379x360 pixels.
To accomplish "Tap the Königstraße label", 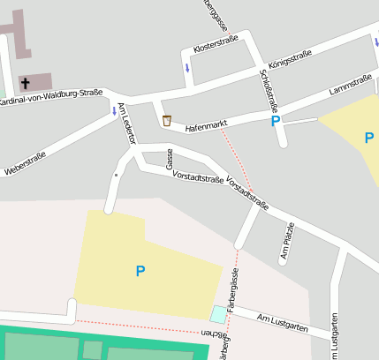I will coord(288,60).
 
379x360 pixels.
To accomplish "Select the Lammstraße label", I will coord(350,85).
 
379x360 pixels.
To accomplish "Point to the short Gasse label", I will coord(169,160).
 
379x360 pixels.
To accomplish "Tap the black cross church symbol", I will coord(25,84).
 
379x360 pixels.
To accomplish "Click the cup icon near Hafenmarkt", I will coord(166,121).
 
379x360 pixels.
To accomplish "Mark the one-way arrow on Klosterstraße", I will coord(186,68).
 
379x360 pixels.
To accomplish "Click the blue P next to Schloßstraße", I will coord(276,121).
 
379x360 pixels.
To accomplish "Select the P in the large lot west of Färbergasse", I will coord(140,271).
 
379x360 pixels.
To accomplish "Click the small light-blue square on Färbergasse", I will coord(218,313).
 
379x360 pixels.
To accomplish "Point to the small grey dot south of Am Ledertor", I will coord(116,176).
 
